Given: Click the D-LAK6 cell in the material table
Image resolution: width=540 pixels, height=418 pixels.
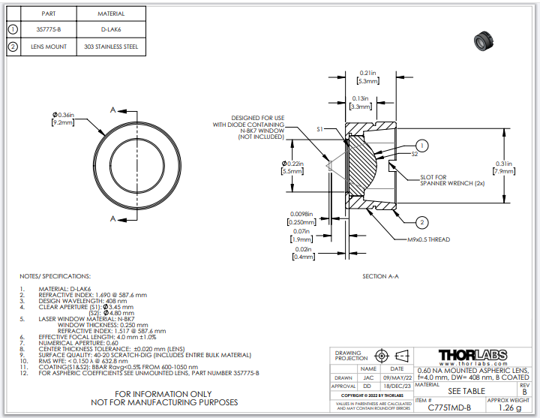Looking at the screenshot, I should pyautogui.click(x=112, y=29).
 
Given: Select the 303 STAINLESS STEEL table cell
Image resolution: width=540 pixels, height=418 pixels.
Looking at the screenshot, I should pyautogui.click(x=112, y=47).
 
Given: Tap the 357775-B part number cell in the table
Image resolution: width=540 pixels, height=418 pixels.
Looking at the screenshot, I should pyautogui.click(x=49, y=29).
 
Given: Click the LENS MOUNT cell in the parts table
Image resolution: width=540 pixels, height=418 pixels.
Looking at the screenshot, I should pyautogui.click(x=49, y=47).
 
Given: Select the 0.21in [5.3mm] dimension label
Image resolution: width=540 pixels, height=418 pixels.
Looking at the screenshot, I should pyautogui.click(x=367, y=77).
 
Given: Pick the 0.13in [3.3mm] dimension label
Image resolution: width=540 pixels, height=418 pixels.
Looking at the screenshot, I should pyautogui.click(x=360, y=103).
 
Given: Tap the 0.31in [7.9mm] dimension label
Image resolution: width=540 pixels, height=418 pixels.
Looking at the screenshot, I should pyautogui.click(x=503, y=167).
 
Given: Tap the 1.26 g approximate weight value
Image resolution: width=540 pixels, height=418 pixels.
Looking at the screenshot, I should pyautogui.click(x=511, y=408).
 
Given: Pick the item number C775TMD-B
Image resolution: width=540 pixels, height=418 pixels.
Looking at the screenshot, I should pyautogui.click(x=449, y=408).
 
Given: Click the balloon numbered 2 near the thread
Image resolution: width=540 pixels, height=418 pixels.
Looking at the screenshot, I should pyautogui.click(x=423, y=222).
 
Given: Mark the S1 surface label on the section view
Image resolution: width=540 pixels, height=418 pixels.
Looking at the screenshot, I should pyautogui.click(x=319, y=129).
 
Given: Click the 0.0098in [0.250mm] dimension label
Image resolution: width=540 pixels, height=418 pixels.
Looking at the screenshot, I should pyautogui.click(x=300, y=218).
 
